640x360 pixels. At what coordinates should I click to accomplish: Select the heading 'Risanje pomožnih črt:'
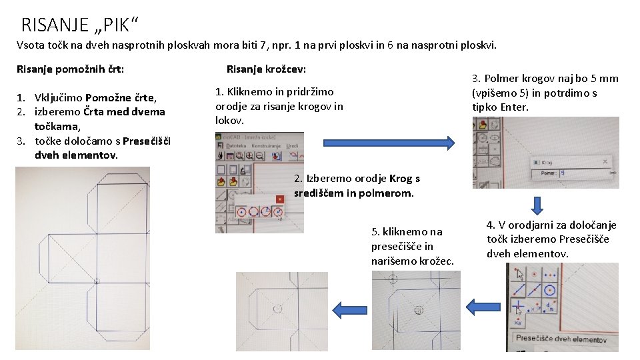[70, 69]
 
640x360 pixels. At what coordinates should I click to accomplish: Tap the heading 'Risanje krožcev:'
[266, 69]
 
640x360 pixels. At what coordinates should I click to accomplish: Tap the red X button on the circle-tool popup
[280, 199]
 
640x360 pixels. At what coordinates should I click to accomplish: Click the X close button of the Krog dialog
[605, 161]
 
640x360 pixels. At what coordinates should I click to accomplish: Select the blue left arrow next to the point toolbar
[483, 307]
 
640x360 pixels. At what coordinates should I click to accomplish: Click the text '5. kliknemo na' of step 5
[406, 231]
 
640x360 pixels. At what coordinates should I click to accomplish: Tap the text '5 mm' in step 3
[605, 79]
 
